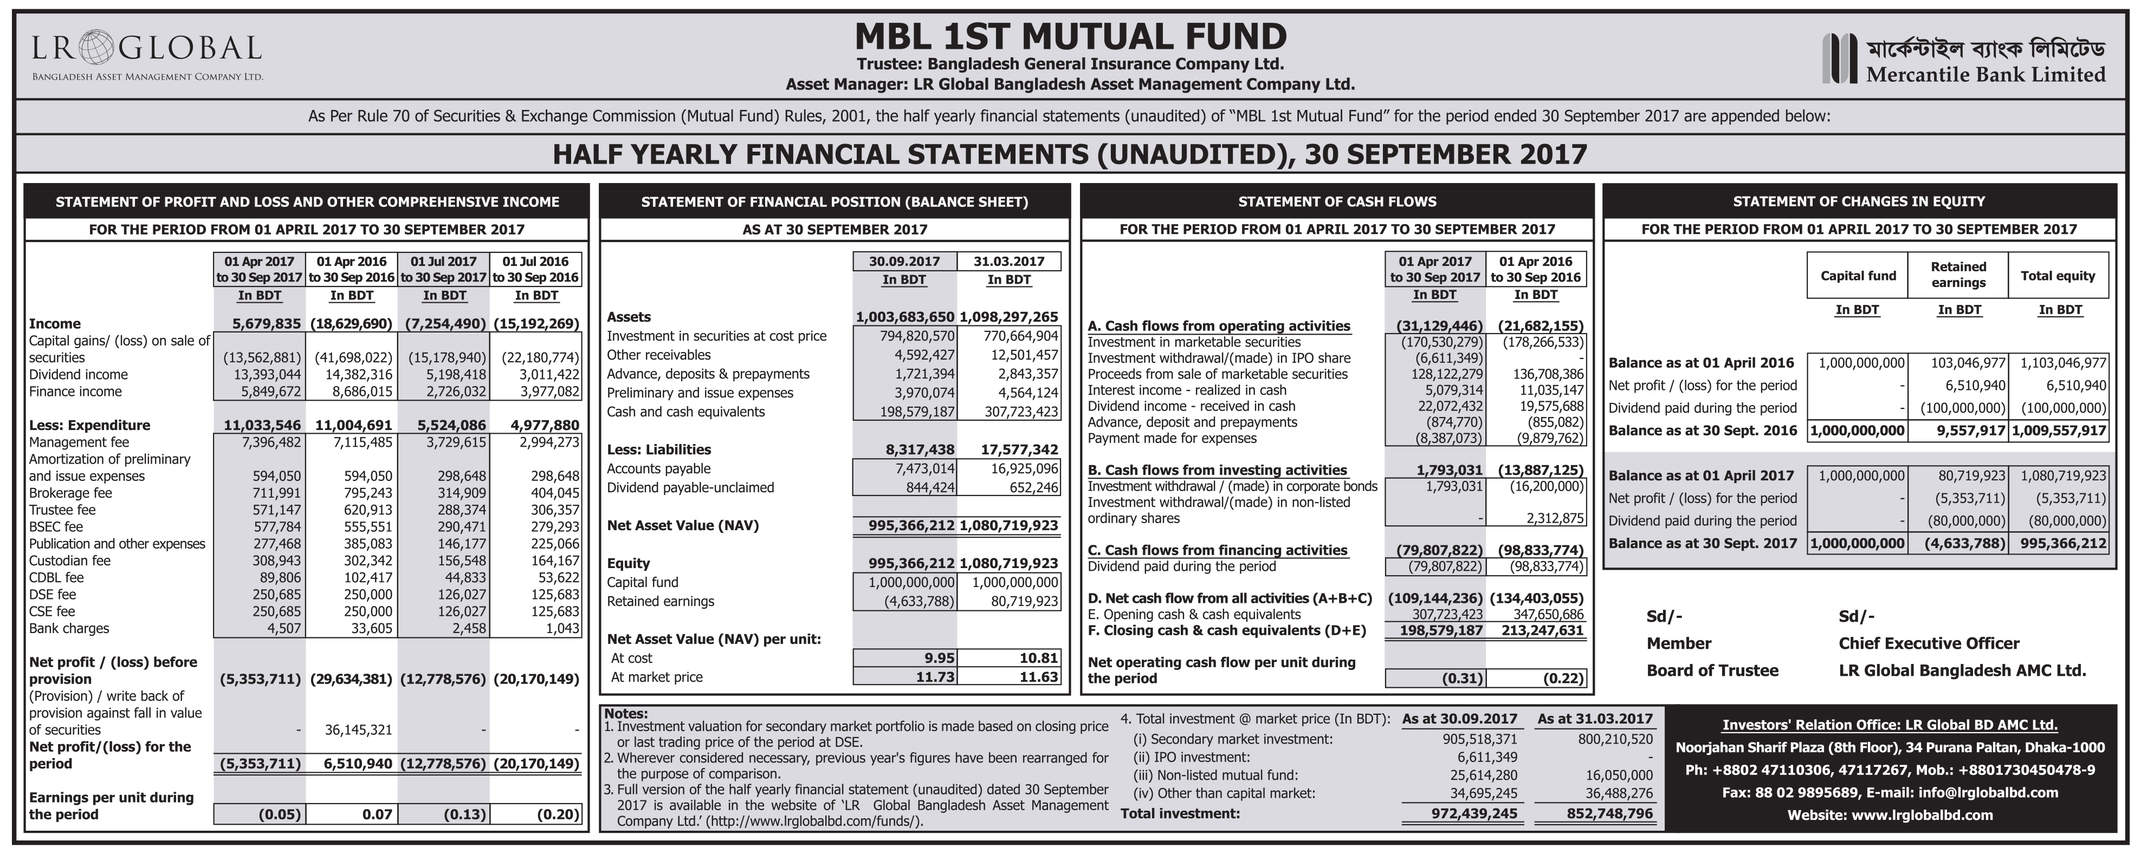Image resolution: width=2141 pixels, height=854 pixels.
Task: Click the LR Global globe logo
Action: coord(96,47)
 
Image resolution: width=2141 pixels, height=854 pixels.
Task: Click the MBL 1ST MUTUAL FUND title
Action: coord(1071,36)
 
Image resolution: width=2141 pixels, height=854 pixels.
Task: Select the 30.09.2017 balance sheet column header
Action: coord(904,261)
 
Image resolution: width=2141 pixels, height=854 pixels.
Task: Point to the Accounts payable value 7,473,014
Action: coord(917,468)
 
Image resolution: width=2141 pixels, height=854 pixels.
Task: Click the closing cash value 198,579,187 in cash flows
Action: coord(1435,630)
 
